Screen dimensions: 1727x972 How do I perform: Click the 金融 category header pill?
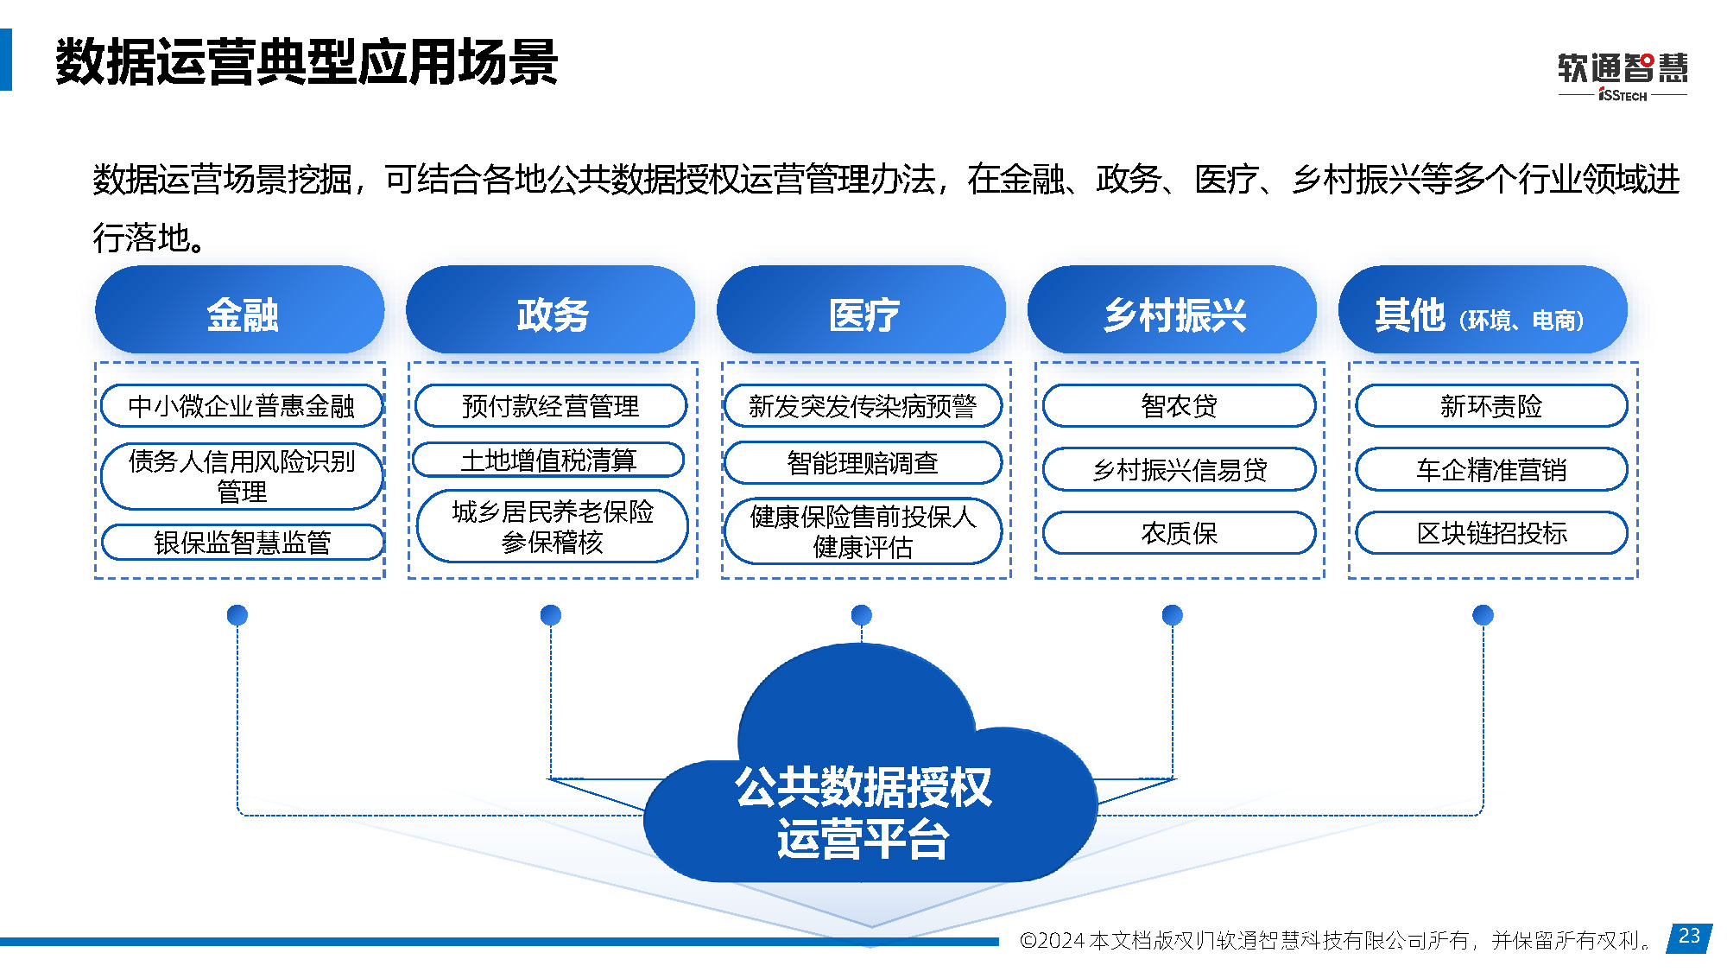240,310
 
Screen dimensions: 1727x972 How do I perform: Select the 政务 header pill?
551,310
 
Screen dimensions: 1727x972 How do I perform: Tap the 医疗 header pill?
862,310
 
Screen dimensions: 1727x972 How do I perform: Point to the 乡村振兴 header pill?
1173,310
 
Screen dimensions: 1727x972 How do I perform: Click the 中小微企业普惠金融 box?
242,406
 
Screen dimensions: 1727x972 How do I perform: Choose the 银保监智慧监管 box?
243,543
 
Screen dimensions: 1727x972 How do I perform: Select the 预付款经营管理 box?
551,406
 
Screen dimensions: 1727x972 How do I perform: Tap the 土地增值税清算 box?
548,461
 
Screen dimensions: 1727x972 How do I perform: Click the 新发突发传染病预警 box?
863,406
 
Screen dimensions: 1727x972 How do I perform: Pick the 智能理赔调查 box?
863,463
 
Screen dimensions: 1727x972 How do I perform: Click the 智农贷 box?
1180,406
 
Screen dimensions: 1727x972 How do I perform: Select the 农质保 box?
1180,533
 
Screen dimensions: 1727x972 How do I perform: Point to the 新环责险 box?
1491,406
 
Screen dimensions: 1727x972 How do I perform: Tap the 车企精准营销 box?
1491,469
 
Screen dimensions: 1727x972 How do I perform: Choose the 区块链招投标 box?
1491,533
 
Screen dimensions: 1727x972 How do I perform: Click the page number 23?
1690,937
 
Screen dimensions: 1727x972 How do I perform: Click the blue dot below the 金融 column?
237,615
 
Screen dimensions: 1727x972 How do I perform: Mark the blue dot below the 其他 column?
1483,615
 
